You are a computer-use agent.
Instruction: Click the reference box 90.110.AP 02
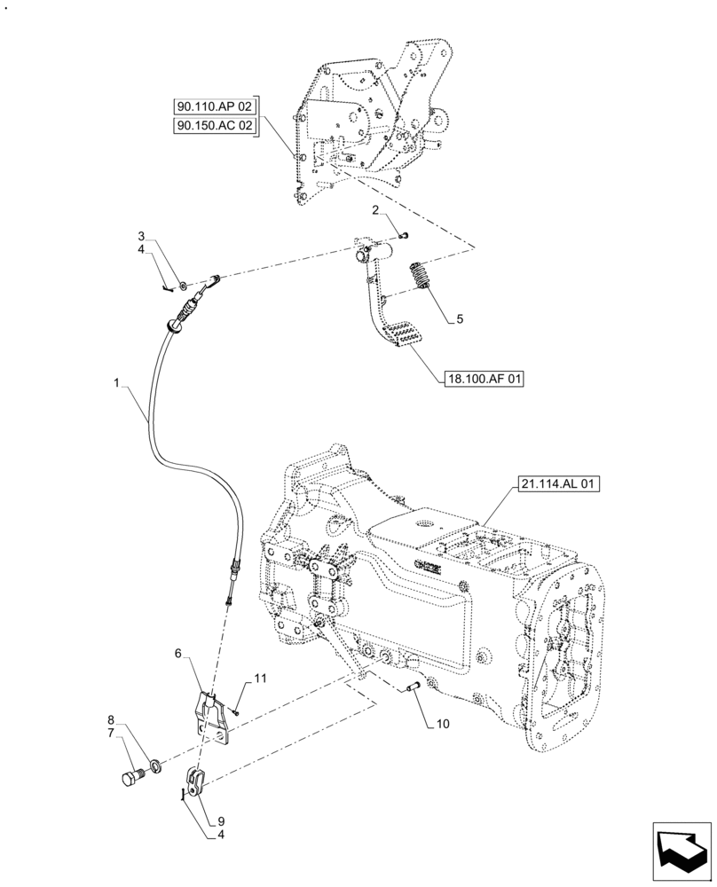click(x=214, y=106)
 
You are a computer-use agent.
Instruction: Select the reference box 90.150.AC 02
click(x=214, y=127)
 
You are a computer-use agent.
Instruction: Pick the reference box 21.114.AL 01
click(x=556, y=484)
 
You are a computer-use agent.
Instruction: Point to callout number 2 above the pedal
click(x=376, y=210)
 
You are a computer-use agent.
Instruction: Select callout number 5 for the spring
click(x=459, y=318)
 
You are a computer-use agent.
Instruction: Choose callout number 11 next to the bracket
click(x=260, y=679)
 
